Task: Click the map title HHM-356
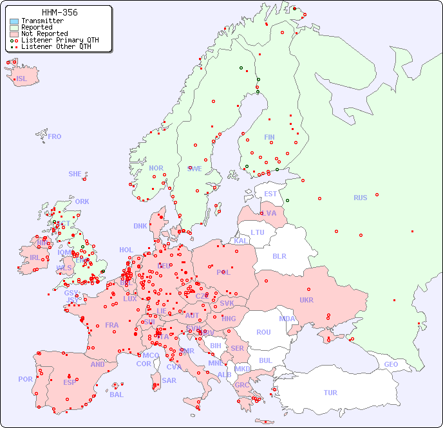pyautogui.click(x=59, y=12)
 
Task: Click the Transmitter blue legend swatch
pyautogui.click(x=14, y=21)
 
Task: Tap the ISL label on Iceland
pyautogui.click(x=22, y=79)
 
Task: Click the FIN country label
pyautogui.click(x=269, y=137)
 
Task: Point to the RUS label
pyautogui.click(x=360, y=198)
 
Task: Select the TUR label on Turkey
pyautogui.click(x=330, y=393)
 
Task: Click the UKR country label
pyautogui.click(x=306, y=300)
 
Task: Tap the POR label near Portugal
pyautogui.click(x=25, y=379)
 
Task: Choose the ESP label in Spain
pyautogui.click(x=70, y=382)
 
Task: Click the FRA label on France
pyautogui.click(x=112, y=325)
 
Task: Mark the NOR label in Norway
pyautogui.click(x=156, y=168)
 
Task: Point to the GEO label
pyautogui.click(x=391, y=364)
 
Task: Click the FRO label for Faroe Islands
pyautogui.click(x=55, y=136)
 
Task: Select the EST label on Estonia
pyautogui.click(x=270, y=194)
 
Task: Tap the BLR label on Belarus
pyautogui.click(x=279, y=256)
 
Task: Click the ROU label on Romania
pyautogui.click(x=264, y=332)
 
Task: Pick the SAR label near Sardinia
pyautogui.click(x=169, y=380)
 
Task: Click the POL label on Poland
pyautogui.click(x=223, y=272)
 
